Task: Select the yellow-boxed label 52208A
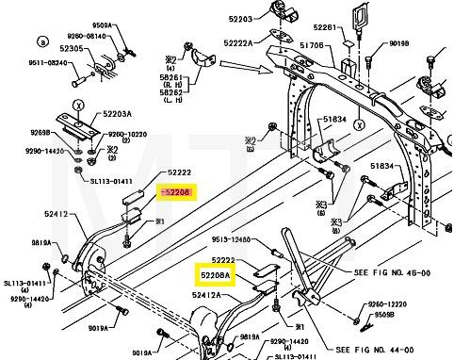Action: [215, 275]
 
